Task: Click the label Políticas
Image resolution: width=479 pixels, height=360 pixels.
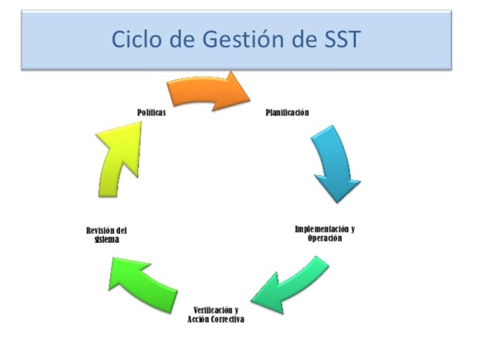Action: pos(151,112)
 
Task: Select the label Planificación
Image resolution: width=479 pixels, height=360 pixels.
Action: pos(287,112)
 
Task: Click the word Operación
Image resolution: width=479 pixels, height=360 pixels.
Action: pos(324,238)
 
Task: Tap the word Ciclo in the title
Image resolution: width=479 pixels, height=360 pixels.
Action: pos(136,40)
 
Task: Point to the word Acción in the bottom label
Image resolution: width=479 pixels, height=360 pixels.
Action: pos(199,319)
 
